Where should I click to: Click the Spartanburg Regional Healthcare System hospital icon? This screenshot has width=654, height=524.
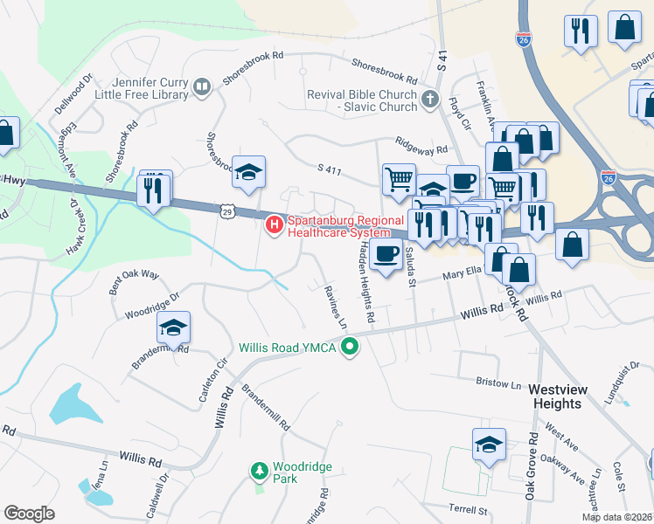coord(275,226)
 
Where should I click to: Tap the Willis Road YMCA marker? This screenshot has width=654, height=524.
coord(351,348)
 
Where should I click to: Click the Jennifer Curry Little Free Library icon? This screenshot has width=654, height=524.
coord(201,87)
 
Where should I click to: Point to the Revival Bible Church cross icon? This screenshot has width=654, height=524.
coord(429,100)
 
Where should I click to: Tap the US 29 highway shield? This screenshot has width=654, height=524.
coord(228,210)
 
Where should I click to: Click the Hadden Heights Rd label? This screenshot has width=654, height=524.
coord(365,283)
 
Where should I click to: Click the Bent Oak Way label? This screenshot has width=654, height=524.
coord(133,282)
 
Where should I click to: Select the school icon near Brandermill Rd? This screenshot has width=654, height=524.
coord(173,328)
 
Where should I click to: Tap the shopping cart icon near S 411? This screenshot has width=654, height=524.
coord(399,178)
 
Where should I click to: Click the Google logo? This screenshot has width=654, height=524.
coord(29,514)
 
